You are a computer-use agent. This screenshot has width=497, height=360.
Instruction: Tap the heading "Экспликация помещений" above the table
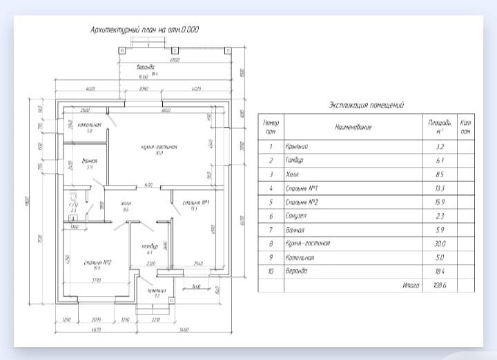pos(366,105)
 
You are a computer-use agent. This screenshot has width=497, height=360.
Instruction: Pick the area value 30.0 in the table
pos(440,243)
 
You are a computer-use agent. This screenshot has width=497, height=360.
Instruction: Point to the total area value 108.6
pos(440,285)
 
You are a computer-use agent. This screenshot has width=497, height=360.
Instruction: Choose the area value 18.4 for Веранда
pos(440,271)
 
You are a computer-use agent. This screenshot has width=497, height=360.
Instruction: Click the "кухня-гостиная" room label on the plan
pos(159,148)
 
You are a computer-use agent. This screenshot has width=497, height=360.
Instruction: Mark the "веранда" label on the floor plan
pos(144,67)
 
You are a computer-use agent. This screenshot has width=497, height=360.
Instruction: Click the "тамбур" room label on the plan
pos(150,247)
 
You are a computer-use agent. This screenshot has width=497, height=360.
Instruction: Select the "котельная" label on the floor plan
pos(89,126)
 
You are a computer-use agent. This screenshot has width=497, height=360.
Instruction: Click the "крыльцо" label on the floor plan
pos(156,290)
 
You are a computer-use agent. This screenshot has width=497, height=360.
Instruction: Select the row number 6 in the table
pos(271,216)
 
